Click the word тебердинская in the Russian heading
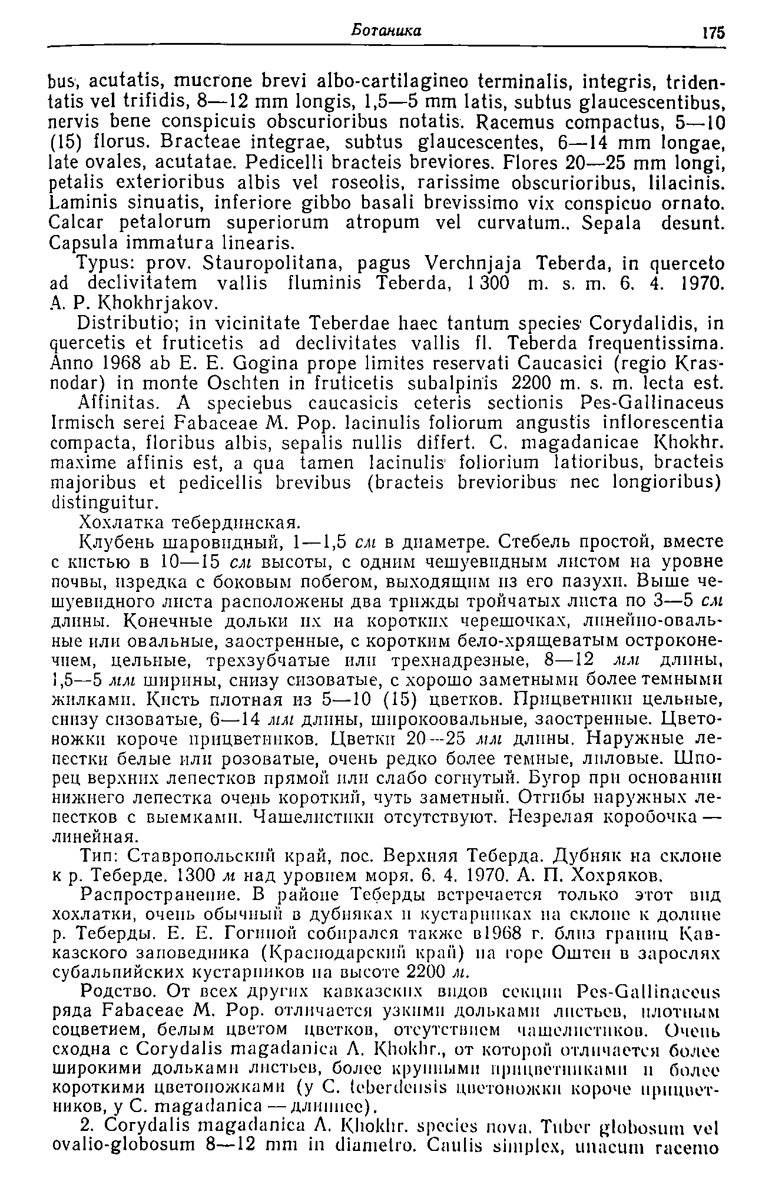pos(235,522)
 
